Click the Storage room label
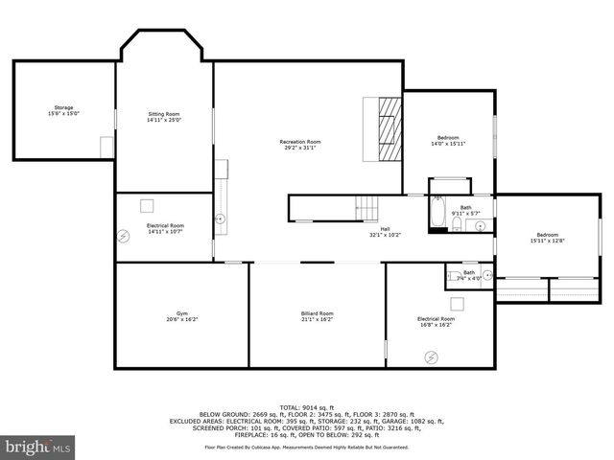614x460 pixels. point(63,110)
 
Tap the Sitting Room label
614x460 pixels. point(164,117)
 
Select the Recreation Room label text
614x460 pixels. point(300,145)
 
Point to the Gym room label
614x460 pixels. point(180,316)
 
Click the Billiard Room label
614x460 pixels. point(317,316)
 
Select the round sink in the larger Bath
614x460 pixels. point(481,225)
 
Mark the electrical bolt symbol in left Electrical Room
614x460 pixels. point(124,236)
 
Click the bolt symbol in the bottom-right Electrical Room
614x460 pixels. point(431,356)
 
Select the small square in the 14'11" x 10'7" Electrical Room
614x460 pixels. point(147,205)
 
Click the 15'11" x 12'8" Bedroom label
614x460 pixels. point(547,239)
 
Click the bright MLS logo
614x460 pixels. point(37,447)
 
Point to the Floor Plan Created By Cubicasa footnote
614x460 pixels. point(306,447)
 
